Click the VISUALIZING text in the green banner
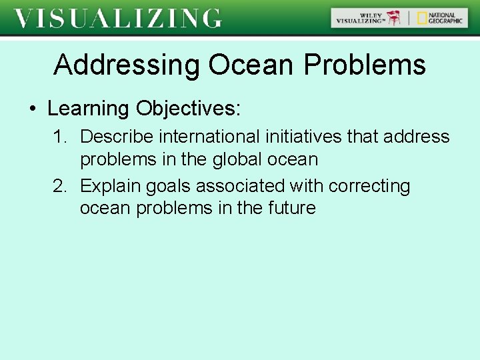point(118,18)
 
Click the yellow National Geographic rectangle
point(422,18)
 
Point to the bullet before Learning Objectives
point(33,109)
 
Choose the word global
point(237,159)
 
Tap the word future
point(291,208)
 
